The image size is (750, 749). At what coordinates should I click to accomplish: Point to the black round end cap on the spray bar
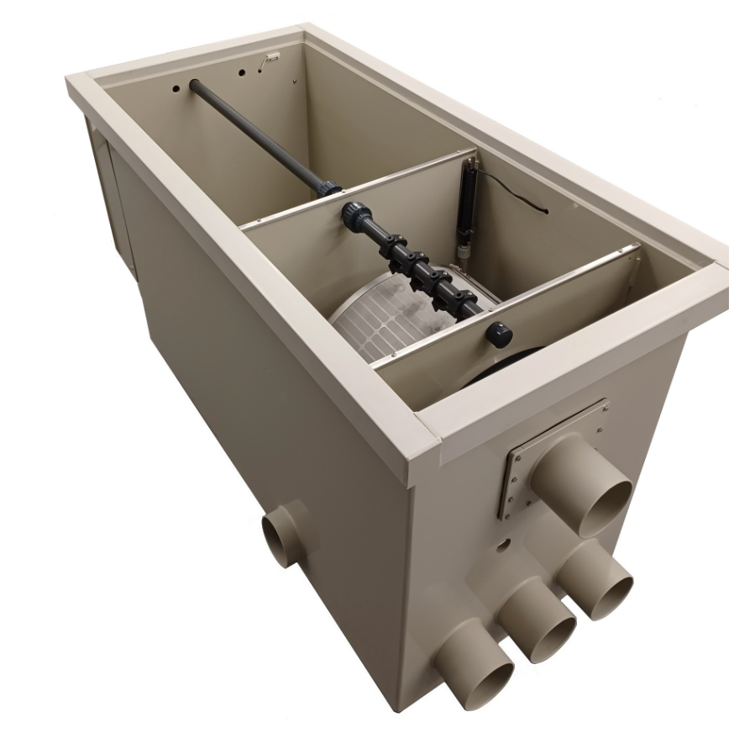tap(499, 335)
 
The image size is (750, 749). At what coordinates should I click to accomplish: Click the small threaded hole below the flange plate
tap(503, 545)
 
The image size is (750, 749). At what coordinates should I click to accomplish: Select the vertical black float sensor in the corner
tap(465, 202)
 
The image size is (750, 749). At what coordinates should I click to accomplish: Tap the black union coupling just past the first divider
tap(357, 218)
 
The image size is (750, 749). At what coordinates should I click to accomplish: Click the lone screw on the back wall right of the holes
tap(295, 82)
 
